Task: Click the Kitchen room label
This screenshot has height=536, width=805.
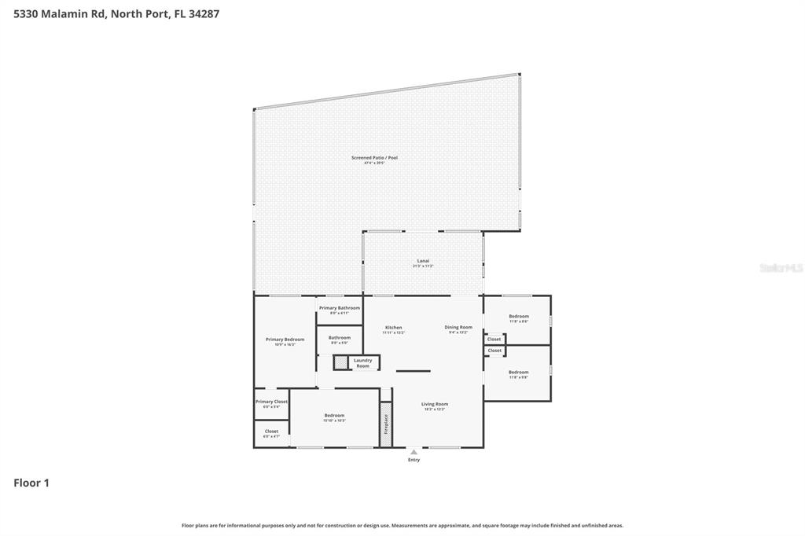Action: pyautogui.click(x=393, y=328)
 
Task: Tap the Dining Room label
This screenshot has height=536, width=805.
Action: pyautogui.click(x=458, y=328)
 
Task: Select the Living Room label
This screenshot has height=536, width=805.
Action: pyautogui.click(x=434, y=404)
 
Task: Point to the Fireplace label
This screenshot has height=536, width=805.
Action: pyautogui.click(x=386, y=424)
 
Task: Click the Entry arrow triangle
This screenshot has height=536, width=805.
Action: pyautogui.click(x=414, y=452)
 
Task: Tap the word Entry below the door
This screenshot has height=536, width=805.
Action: pyautogui.click(x=414, y=460)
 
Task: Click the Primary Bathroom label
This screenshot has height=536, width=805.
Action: pyautogui.click(x=340, y=308)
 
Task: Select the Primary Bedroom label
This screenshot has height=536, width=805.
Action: pyautogui.click(x=285, y=340)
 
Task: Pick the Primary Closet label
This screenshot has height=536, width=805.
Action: pyautogui.click(x=271, y=402)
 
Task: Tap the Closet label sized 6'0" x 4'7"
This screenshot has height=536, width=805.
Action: pyautogui.click(x=271, y=431)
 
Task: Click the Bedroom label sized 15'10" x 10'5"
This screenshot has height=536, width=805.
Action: pyautogui.click(x=334, y=416)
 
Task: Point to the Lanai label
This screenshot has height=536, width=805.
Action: pyautogui.click(x=423, y=261)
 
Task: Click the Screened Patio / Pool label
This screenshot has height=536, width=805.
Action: pyautogui.click(x=374, y=158)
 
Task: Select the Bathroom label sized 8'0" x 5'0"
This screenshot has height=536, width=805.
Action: pyautogui.click(x=340, y=338)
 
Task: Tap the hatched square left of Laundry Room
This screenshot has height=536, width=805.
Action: pyautogui.click(x=340, y=362)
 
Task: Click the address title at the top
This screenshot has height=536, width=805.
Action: pyautogui.click(x=116, y=13)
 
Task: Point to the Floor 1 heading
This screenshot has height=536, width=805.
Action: pyautogui.click(x=31, y=483)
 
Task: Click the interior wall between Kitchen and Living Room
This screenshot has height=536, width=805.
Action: pyautogui.click(x=413, y=370)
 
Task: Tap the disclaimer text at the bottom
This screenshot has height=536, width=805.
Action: pyautogui.click(x=402, y=525)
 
